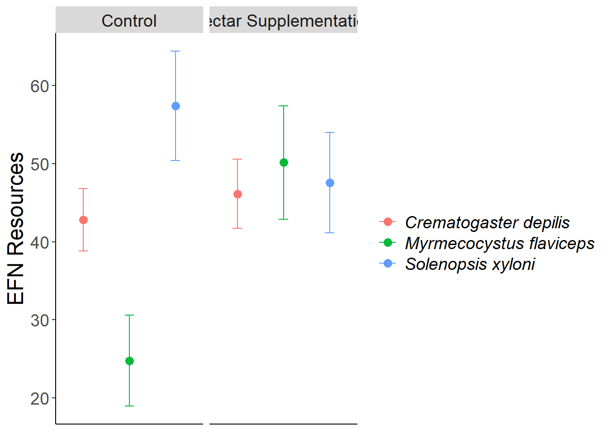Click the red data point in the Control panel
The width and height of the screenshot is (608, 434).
click(x=83, y=220)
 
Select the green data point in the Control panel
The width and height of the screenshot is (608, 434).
click(x=129, y=361)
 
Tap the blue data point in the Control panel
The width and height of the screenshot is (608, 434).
click(x=176, y=106)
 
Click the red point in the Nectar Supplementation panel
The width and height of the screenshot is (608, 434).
click(x=237, y=194)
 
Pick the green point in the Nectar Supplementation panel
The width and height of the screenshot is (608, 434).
click(x=284, y=163)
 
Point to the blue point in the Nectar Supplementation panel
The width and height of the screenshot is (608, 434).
click(x=330, y=183)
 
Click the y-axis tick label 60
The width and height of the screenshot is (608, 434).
click(x=40, y=86)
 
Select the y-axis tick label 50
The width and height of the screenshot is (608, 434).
click(x=40, y=164)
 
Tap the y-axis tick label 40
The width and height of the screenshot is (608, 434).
click(x=40, y=242)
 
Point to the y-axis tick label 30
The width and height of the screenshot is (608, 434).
click(x=40, y=321)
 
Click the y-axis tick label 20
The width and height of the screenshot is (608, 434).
click(x=40, y=399)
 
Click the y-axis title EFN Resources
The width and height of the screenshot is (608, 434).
click(x=16, y=228)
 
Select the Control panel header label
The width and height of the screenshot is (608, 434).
click(x=129, y=21)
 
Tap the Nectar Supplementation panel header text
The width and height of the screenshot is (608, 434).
click(x=284, y=21)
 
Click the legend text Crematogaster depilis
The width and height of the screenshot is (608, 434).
click(x=487, y=222)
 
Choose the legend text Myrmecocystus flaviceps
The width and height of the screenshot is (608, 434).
click(x=499, y=243)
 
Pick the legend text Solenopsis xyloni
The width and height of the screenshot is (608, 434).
click(x=470, y=264)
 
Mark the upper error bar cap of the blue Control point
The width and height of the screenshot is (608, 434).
click(x=176, y=51)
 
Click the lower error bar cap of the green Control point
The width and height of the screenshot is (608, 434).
click(x=129, y=406)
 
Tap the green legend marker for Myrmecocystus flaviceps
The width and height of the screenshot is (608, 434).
click(x=388, y=243)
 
